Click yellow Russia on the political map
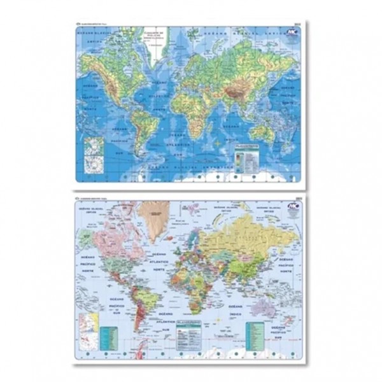(x=248, y=236)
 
